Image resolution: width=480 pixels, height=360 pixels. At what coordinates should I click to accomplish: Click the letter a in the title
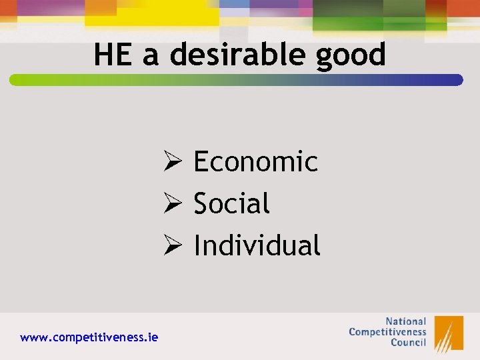[x=151, y=57]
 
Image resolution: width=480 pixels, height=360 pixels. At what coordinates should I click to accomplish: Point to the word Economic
[x=255, y=161]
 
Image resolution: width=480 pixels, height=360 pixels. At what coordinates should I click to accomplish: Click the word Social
[x=231, y=203]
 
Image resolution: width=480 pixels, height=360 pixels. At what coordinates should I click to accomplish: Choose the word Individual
[x=257, y=245]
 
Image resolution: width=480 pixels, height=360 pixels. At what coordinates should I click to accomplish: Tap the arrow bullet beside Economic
[x=173, y=161]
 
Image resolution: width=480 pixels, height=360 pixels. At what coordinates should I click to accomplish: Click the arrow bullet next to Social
[x=173, y=203]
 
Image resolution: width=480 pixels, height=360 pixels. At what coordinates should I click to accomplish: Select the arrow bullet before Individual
[x=173, y=245]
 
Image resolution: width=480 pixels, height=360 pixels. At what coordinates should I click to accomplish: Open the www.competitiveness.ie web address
[x=89, y=337]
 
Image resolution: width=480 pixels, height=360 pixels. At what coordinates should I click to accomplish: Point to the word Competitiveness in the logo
[x=387, y=331]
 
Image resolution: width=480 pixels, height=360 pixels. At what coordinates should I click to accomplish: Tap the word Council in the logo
[x=408, y=342]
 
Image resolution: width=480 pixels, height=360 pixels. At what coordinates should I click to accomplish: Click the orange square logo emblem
[x=449, y=333]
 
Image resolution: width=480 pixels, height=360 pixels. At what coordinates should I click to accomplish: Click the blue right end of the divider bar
[x=457, y=80]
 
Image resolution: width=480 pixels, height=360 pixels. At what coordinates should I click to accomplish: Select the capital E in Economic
[x=201, y=161]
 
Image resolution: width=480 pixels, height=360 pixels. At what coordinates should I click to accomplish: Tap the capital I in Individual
[x=197, y=245]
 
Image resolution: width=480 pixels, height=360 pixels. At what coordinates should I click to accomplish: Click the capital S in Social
[x=201, y=203]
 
